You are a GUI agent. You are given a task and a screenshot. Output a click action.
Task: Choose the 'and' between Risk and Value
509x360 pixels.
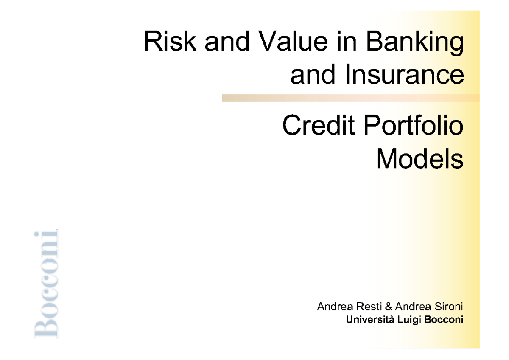click(x=221, y=42)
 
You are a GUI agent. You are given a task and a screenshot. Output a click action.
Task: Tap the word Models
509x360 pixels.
click(x=420, y=159)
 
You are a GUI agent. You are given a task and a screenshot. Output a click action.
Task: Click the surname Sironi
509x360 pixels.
click(x=448, y=307)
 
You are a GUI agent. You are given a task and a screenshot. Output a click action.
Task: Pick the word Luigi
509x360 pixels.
click(x=404, y=319)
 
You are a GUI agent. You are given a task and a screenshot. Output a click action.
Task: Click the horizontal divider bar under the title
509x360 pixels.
click(x=350, y=98)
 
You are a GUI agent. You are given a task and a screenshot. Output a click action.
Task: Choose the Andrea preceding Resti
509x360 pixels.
click(x=333, y=307)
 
